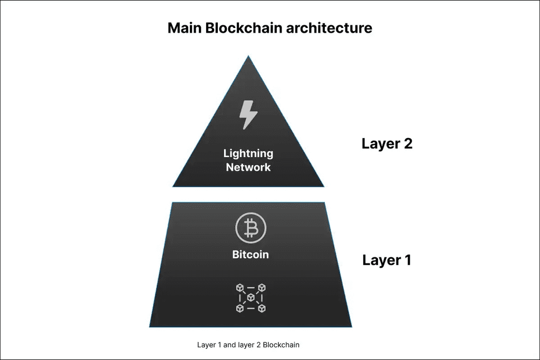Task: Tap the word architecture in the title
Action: click(329, 28)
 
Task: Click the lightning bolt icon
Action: click(248, 114)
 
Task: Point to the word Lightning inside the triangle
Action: click(248, 154)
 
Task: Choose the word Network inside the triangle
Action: click(248, 168)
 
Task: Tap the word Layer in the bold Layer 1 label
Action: click(381, 260)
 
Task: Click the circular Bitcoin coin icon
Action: click(250, 228)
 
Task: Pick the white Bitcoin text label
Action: click(250, 255)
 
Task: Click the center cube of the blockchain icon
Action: click(250, 298)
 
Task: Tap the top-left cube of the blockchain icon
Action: click(240, 288)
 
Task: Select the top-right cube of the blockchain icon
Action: click(262, 288)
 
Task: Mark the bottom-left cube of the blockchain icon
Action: click(240, 308)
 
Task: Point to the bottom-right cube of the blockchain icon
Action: click(262, 308)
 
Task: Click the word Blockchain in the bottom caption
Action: click(281, 345)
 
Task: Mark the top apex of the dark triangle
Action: click(248, 57)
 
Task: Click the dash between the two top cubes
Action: click(250, 288)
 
